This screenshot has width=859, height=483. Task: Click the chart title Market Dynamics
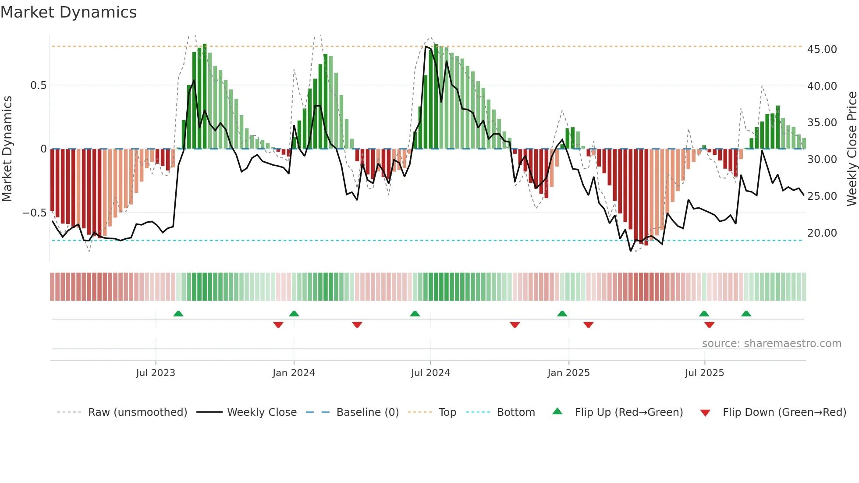point(68,12)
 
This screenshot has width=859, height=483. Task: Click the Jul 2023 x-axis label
point(156,373)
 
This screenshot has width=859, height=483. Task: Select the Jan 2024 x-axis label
point(294,373)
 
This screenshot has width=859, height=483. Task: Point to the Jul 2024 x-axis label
point(430,373)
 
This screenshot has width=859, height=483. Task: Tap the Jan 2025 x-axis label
point(568,373)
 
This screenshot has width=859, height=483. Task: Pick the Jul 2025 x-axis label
point(704,373)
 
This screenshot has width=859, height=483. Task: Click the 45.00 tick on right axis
point(822,50)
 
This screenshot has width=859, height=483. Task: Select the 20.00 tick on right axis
point(822,233)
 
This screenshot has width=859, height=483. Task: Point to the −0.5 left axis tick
point(34,213)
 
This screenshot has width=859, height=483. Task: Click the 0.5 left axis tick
point(38,85)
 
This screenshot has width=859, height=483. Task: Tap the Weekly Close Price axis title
point(852,149)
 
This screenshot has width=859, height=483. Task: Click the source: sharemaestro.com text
point(771,344)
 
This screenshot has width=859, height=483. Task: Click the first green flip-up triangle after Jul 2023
point(178,313)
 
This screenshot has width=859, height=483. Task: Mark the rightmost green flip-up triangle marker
point(746,313)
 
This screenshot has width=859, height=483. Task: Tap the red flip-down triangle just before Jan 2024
point(278,325)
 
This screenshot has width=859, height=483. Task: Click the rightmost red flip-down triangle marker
point(709,325)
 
